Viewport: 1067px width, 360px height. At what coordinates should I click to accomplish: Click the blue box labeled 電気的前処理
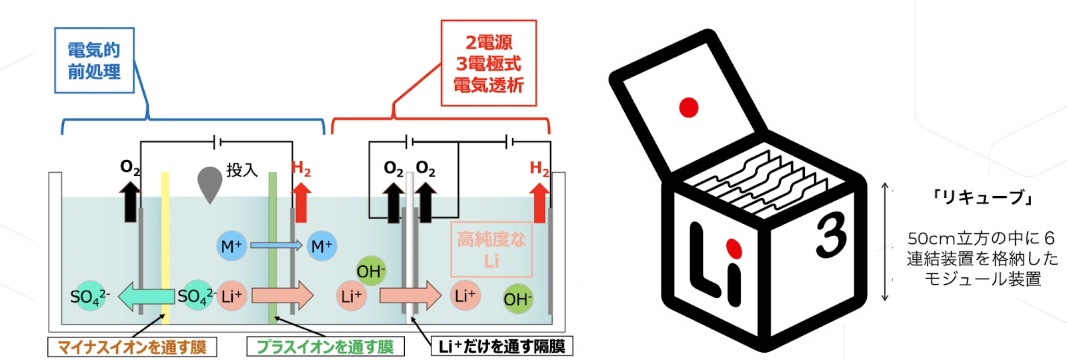(x=94, y=61)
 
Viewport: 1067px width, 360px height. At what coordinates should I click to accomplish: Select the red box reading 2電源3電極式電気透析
(x=489, y=63)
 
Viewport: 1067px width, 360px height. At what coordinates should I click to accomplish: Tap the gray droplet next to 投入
(x=209, y=184)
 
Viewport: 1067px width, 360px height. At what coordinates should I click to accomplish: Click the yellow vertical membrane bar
(x=165, y=247)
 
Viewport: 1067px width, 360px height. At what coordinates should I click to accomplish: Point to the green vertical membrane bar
(x=273, y=247)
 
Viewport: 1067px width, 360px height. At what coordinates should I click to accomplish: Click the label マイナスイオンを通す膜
(x=132, y=347)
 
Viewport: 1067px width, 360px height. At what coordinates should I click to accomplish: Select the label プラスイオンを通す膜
(x=325, y=347)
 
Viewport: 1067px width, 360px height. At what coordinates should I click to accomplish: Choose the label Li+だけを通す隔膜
(x=501, y=346)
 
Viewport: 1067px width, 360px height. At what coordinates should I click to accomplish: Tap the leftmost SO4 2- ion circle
(x=87, y=297)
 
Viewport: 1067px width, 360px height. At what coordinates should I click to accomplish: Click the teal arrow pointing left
(x=147, y=297)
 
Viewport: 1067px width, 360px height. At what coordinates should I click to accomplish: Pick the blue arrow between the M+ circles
(x=275, y=246)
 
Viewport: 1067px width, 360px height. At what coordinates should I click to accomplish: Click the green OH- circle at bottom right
(x=517, y=299)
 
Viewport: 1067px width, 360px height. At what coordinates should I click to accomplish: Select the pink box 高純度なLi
(x=491, y=249)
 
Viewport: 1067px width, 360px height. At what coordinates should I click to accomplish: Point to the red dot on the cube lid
(x=688, y=107)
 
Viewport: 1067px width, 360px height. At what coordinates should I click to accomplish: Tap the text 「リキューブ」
(x=983, y=197)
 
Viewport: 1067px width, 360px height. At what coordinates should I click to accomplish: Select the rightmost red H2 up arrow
(x=539, y=203)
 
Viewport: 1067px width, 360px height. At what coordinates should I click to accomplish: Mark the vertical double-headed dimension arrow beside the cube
(x=885, y=241)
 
